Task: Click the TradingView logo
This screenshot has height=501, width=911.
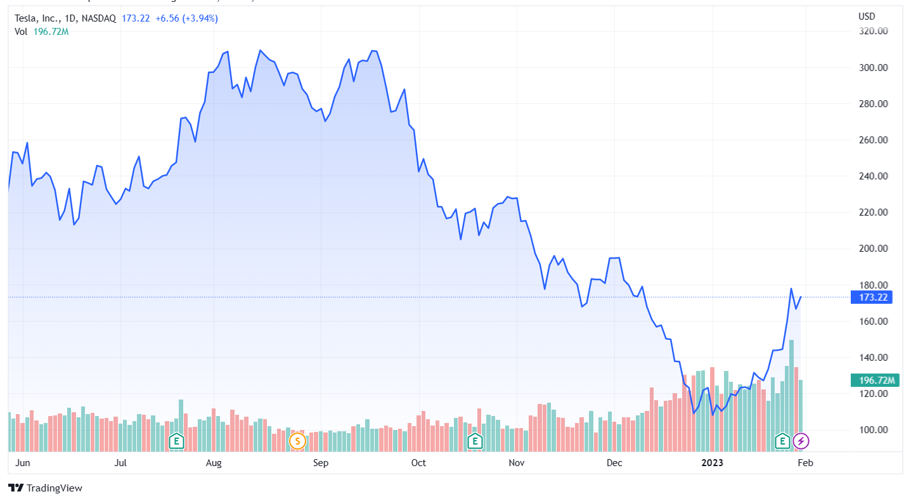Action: [x=45, y=488]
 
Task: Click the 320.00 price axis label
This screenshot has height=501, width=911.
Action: [x=873, y=31]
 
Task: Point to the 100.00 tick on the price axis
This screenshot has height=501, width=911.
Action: [x=873, y=430]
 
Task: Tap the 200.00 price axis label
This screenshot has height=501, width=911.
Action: [x=873, y=249]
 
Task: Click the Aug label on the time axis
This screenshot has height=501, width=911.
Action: [x=214, y=463]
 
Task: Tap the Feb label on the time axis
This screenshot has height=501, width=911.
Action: [x=805, y=463]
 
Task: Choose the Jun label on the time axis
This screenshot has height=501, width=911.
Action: [x=22, y=463]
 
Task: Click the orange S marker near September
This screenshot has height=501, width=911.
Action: [x=297, y=441]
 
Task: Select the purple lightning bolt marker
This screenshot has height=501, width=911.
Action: [x=801, y=441]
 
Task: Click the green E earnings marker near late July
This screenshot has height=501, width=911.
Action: [x=177, y=441]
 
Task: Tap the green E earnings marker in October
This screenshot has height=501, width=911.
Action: [x=474, y=441]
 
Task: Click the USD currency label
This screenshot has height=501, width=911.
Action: [x=866, y=16]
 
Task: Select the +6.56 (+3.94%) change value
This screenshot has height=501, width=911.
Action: [x=186, y=18]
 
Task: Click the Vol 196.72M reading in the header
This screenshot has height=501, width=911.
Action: [x=42, y=32]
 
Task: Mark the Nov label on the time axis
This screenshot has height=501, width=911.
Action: [x=517, y=463]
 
